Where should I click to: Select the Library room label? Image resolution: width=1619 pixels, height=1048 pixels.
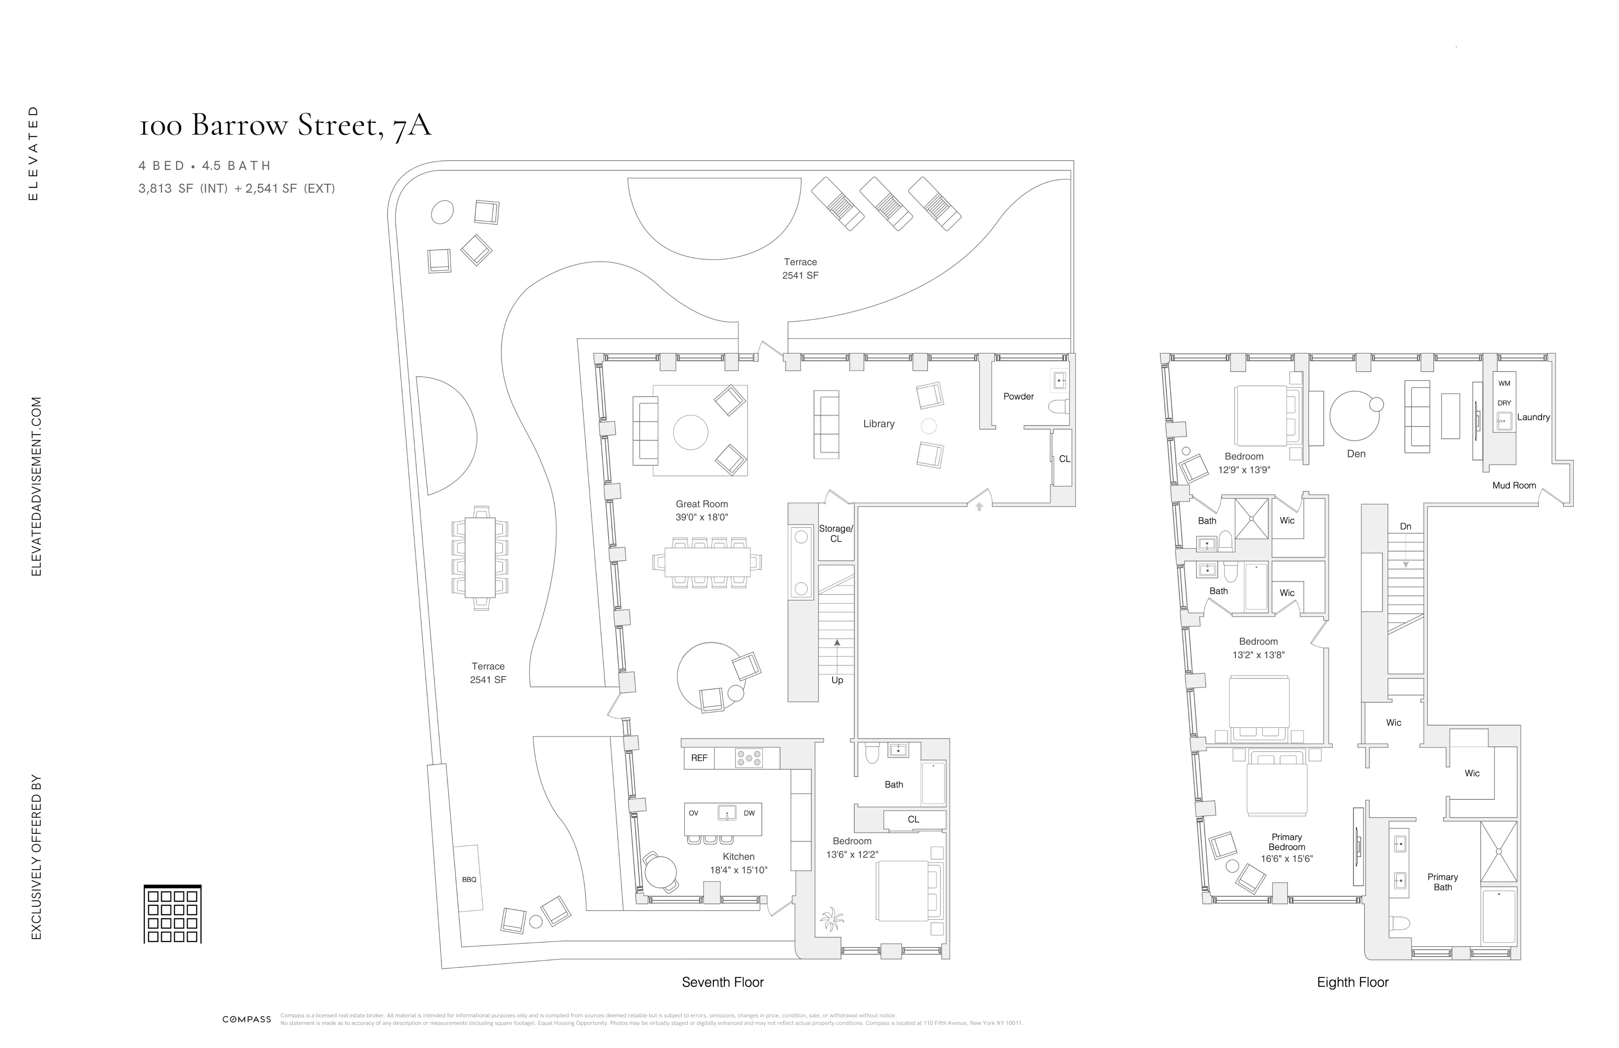click(878, 424)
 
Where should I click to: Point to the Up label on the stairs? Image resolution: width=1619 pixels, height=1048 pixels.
click(837, 680)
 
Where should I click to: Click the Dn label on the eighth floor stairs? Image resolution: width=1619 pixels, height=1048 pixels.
click(1405, 526)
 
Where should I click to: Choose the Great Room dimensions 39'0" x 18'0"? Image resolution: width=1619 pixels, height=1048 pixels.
click(701, 517)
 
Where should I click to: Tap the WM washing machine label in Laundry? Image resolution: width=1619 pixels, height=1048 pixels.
click(1504, 383)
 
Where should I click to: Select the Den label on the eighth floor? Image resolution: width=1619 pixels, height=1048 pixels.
click(1356, 454)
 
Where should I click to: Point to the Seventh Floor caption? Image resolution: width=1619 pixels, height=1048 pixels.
click(722, 982)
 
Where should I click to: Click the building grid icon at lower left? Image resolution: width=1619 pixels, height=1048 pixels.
click(173, 914)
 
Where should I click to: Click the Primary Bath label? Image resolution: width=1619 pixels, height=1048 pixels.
click(1442, 882)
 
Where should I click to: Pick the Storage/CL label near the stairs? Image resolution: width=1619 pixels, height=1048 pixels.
click(835, 533)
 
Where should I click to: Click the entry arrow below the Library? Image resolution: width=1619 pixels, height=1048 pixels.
click(979, 506)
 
